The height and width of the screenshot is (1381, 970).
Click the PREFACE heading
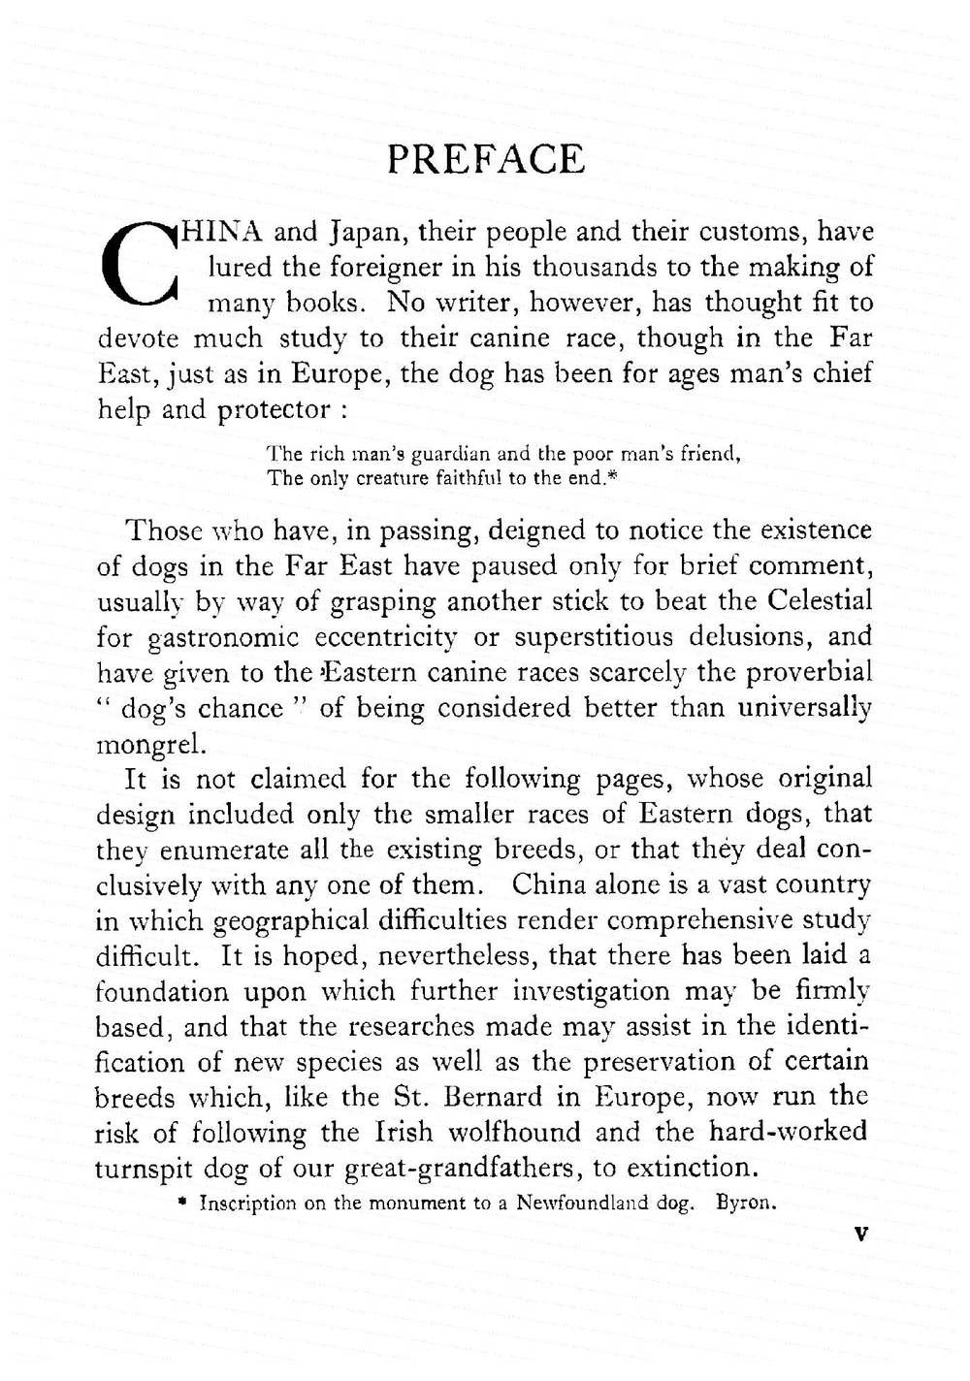(x=485, y=159)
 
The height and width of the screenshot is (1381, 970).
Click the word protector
(x=274, y=410)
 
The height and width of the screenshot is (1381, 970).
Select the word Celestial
(x=820, y=600)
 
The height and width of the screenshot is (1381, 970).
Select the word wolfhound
(x=509, y=1133)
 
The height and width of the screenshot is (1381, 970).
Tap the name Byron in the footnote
(x=745, y=1204)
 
